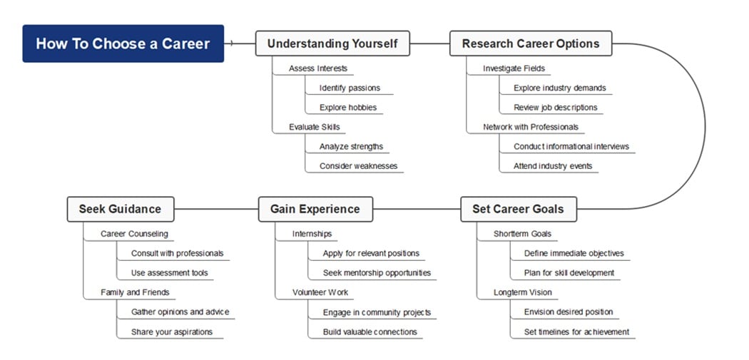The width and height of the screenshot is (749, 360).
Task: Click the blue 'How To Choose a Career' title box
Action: coord(123,43)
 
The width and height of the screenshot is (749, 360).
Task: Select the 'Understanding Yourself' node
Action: coord(332,43)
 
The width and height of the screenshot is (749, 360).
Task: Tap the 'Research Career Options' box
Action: coord(531,43)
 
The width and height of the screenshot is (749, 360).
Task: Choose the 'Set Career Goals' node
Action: coord(518,209)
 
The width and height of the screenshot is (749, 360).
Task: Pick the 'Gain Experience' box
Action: coord(315,209)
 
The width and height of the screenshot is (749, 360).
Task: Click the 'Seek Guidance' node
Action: coord(120,209)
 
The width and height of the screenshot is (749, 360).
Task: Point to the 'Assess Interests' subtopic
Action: coord(318,68)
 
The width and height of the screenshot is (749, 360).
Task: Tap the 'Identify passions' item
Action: coord(350,88)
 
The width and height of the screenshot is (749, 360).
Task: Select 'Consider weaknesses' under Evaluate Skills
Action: coord(358,166)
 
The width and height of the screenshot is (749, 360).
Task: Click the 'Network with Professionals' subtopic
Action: coord(531,127)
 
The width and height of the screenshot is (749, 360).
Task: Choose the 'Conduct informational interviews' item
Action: coord(571,147)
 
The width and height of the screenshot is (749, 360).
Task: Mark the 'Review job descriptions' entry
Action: coord(556,108)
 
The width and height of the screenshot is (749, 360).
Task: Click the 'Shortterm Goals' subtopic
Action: coord(522,234)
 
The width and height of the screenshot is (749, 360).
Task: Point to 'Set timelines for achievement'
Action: coord(576,331)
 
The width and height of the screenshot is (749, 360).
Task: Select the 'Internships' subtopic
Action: coord(312,234)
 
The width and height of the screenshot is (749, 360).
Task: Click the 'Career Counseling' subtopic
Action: coord(134,234)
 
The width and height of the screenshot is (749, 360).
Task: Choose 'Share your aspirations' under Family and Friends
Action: coord(172,331)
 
